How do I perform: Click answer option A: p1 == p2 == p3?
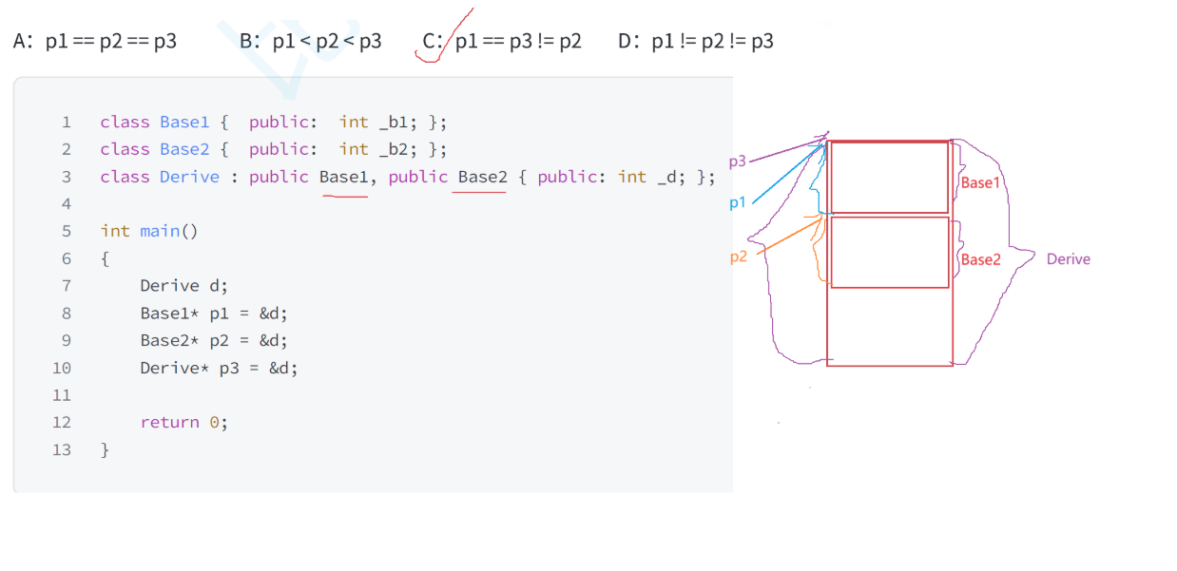[x=95, y=42]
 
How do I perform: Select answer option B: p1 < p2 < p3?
[x=311, y=42]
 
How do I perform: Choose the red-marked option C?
[x=502, y=42]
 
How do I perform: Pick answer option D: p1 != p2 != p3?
[x=696, y=42]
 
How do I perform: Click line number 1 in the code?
[x=67, y=122]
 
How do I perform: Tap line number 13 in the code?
[x=62, y=449]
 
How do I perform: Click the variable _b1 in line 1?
[x=393, y=122]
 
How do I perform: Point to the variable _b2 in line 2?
[x=393, y=149]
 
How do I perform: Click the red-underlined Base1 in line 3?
[x=343, y=177]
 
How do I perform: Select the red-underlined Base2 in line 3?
[x=482, y=177]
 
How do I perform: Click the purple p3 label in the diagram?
[x=738, y=162]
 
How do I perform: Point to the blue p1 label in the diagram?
[x=738, y=202]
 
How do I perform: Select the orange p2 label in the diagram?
[x=739, y=257]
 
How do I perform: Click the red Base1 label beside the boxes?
[x=980, y=182]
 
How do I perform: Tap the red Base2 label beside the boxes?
[x=980, y=259]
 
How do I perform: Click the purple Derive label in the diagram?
[x=1068, y=259]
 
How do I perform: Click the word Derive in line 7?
[x=169, y=286]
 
